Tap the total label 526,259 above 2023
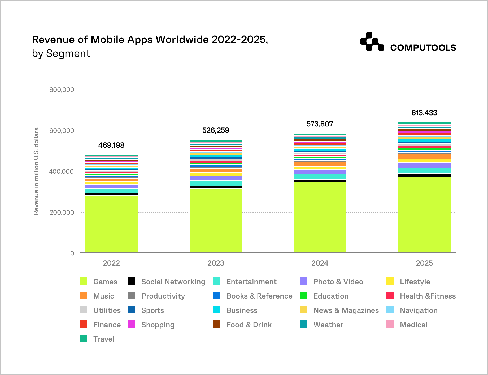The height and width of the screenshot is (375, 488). coord(216,130)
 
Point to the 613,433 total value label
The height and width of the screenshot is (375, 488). coord(424,113)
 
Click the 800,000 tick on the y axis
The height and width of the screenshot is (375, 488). coord(62,90)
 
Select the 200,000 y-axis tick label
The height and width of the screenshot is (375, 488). coord(62,212)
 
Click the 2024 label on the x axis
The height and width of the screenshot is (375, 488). coord(320,263)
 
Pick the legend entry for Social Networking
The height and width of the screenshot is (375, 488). coord(173,282)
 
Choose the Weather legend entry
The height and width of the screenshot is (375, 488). coord(328,325)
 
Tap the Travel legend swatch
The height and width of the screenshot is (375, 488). coord(83,339)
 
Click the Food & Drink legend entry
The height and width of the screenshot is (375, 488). coord(249,325)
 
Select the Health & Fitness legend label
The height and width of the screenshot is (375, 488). coord(428,296)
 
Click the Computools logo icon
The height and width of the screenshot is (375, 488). coord(372,42)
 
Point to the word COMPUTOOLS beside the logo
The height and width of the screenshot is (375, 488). coord(423,48)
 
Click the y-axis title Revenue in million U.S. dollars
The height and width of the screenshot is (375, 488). coord(36,171)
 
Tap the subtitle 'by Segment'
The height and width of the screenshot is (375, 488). coord(61,54)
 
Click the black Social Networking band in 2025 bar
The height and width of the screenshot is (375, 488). coord(424,175)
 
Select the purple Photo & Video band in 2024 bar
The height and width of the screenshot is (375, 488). coord(320,172)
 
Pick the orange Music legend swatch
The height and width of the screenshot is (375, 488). coord(83,296)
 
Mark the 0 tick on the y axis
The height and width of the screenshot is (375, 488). coord(72,253)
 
